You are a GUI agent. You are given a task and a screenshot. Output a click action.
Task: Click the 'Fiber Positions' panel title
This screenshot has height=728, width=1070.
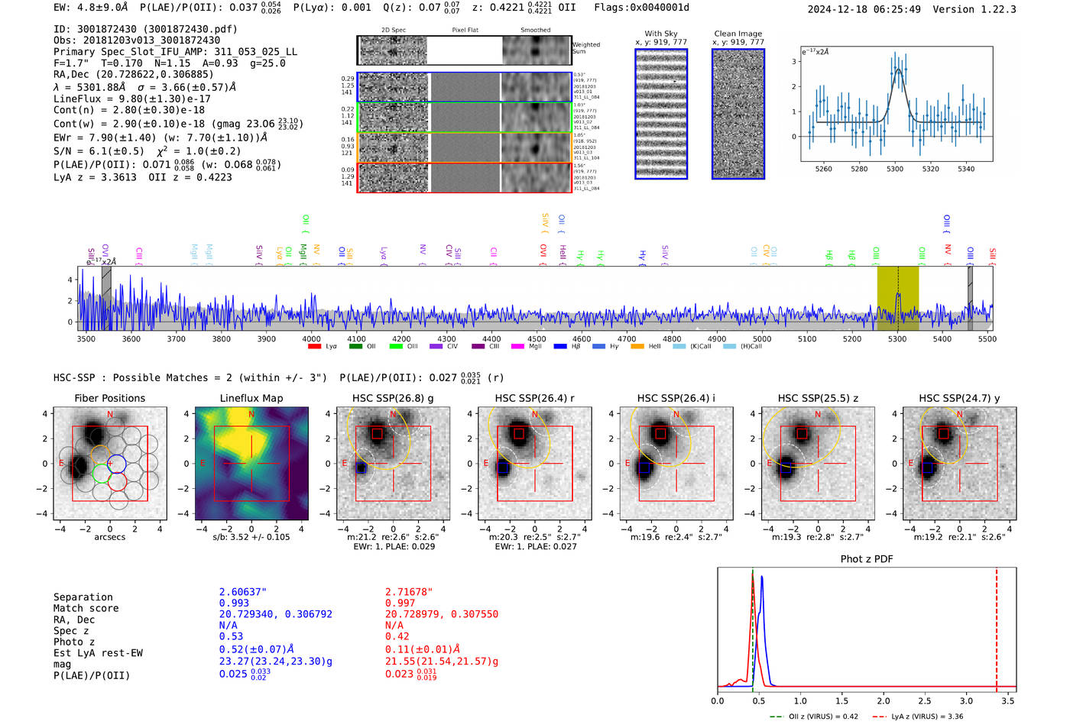pyautogui.click(x=109, y=398)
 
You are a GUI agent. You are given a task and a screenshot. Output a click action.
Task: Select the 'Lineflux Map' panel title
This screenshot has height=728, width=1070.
pyautogui.click(x=251, y=398)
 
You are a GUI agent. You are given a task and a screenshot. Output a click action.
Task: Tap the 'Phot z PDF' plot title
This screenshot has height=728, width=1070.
pyautogui.click(x=866, y=559)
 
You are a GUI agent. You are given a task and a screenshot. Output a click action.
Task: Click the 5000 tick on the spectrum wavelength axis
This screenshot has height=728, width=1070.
pyautogui.click(x=761, y=339)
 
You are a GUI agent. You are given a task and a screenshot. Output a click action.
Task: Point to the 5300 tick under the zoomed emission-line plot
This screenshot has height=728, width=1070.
pyautogui.click(x=894, y=169)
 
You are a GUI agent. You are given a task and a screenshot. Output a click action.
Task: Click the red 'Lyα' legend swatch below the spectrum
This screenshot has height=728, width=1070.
pyautogui.click(x=314, y=347)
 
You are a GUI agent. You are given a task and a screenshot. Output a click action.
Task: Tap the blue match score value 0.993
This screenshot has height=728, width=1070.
pyautogui.click(x=234, y=603)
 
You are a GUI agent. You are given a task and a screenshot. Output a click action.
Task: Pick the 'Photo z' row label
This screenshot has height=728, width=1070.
pyautogui.click(x=74, y=642)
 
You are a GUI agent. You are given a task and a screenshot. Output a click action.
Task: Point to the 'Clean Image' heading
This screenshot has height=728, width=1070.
pyautogui.click(x=738, y=34)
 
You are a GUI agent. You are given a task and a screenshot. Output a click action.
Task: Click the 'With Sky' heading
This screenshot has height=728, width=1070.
pyautogui.click(x=660, y=34)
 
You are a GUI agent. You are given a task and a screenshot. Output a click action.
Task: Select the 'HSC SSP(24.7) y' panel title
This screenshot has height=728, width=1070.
pyautogui.click(x=958, y=398)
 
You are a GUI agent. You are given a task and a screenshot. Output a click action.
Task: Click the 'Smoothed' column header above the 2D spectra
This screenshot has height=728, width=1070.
pyautogui.click(x=535, y=31)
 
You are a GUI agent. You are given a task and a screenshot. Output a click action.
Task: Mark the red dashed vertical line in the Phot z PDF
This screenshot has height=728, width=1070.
pyautogui.click(x=996, y=626)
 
